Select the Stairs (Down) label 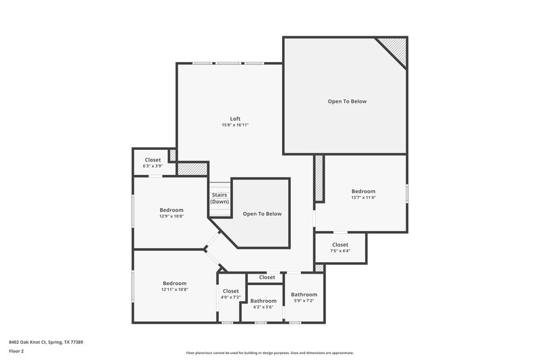click(219, 199)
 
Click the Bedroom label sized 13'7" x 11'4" click(363, 191)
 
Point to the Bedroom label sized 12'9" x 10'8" click(171, 209)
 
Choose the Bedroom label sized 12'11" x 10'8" click(174, 283)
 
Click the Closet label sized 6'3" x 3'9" click(153, 160)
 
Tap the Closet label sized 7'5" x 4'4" click(340, 245)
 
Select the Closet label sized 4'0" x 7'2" click(230, 291)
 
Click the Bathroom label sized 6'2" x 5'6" click(263, 301)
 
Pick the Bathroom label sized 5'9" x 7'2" click(304, 294)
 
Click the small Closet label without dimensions click(267, 277)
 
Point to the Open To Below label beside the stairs click(263, 213)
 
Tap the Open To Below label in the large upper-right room click(347, 101)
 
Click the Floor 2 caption click(16, 351)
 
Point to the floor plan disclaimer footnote click(269, 353)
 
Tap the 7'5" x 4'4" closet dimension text click(340, 251)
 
